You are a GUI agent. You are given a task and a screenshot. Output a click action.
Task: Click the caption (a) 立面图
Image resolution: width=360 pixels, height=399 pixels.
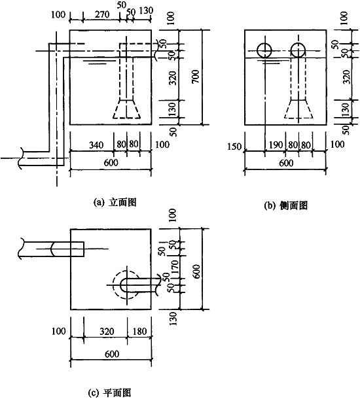115,202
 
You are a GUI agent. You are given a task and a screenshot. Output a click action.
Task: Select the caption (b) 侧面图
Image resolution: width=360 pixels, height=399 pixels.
286,205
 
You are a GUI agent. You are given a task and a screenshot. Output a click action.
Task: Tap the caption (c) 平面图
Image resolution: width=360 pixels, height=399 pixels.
109,393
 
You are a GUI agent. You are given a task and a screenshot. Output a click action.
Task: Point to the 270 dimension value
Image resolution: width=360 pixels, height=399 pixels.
102,14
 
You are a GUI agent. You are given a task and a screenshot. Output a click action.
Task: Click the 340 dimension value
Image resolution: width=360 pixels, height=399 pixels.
96,145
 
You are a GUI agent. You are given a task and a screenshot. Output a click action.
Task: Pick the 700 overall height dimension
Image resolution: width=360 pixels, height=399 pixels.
196,77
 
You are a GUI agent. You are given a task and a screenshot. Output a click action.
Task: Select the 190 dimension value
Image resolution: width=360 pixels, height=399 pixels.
276,145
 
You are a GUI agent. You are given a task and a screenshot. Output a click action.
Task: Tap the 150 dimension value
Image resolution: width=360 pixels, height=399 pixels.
234,147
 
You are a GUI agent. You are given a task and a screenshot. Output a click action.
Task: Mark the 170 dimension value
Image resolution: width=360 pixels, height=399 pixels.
175,267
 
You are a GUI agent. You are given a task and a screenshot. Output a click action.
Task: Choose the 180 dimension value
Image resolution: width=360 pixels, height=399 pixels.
140,332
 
